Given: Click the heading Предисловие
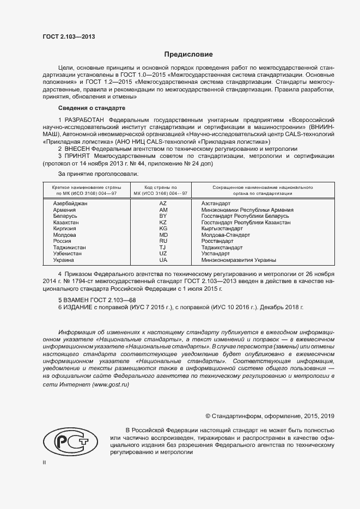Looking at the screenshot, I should tap(189, 54).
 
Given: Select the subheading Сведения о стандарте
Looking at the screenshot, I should tap(91, 108).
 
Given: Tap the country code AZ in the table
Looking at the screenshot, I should tap(163, 203).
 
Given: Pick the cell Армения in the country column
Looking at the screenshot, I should tap(64, 210).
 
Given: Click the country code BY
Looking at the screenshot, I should tap(163, 216).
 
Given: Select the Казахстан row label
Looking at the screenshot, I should tap(66, 223).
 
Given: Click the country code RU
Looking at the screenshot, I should tap(163, 241).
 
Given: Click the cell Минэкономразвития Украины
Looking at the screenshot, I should tap(239, 260).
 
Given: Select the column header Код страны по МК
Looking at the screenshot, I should tap(163, 189).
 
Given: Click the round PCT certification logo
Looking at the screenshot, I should tap(68, 440).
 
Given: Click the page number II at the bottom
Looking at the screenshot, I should tap(45, 462).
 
